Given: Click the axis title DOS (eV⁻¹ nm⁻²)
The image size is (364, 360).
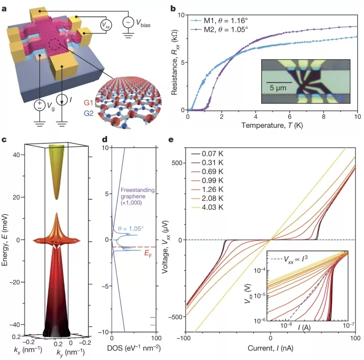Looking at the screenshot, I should point(134,348).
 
